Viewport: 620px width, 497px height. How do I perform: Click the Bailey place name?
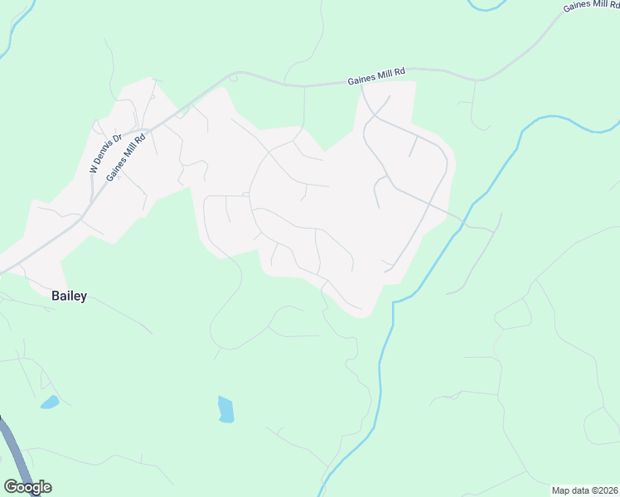[69, 296]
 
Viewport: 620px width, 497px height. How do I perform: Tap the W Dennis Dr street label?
[106, 153]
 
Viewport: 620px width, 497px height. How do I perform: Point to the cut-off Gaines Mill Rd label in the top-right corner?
[591, 6]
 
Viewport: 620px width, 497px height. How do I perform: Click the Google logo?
[27, 487]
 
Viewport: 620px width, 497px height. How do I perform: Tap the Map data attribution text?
[585, 490]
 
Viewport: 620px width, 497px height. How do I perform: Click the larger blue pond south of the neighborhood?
[225, 409]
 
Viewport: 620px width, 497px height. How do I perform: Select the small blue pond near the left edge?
[50, 403]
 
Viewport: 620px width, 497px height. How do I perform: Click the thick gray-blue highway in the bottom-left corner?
[14, 451]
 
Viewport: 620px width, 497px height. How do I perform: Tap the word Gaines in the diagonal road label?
[116, 166]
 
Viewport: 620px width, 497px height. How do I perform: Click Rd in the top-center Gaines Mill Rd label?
[400, 74]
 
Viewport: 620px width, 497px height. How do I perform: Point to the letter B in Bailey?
[56, 296]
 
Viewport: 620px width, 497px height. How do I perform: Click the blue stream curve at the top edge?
[487, 6]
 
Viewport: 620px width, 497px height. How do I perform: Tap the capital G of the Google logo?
[11, 487]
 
